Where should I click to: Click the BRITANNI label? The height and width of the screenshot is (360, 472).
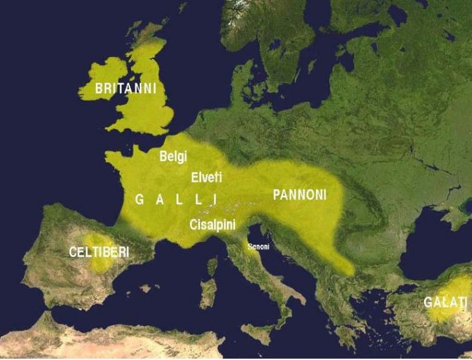click(126, 89)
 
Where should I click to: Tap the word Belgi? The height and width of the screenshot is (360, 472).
click(173, 157)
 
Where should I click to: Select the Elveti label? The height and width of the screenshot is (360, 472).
click(206, 177)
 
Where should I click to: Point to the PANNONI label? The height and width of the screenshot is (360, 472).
click(299, 195)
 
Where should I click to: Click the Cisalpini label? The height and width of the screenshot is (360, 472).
click(212, 224)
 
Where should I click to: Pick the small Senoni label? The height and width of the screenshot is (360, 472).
click(258, 246)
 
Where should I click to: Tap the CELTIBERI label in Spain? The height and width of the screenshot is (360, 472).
click(99, 252)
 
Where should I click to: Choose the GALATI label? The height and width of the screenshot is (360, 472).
click(445, 302)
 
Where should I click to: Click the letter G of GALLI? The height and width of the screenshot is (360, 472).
click(139, 200)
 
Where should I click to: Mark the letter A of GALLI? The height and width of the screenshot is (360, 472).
click(159, 200)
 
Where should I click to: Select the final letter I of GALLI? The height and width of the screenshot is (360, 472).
click(214, 200)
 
